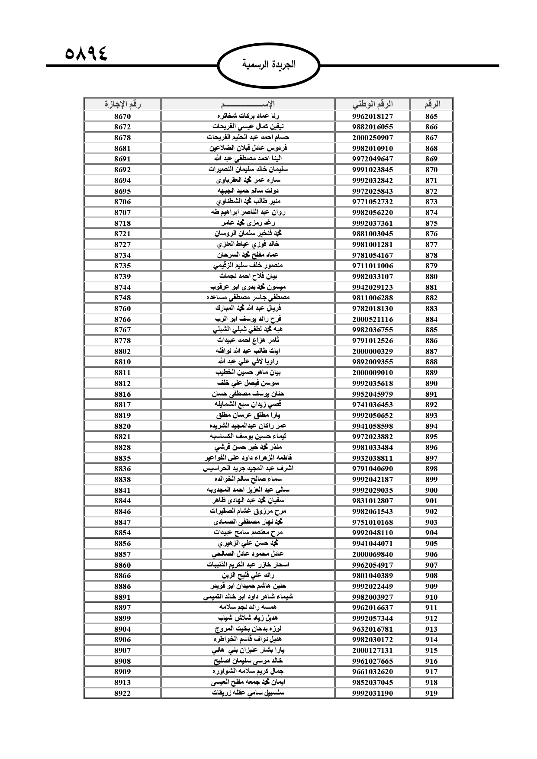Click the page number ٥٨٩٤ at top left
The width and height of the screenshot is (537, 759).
click(86, 55)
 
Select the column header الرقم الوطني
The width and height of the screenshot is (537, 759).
click(372, 104)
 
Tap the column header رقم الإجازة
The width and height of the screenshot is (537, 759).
click(122, 104)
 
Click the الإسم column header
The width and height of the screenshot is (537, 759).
click(248, 104)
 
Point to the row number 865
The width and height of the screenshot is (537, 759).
click(431, 116)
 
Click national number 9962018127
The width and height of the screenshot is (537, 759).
click(372, 116)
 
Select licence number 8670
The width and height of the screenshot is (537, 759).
click(122, 116)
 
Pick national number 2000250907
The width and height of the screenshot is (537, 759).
click(372, 138)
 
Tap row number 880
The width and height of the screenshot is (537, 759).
click(431, 277)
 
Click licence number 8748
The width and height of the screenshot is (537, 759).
click(122, 298)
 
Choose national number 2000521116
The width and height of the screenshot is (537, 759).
click(372, 319)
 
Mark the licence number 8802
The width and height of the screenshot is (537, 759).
click(122, 351)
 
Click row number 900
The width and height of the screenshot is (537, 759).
click(431, 490)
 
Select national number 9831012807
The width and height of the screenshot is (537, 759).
click(372, 501)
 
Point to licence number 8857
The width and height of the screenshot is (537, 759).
click(122, 554)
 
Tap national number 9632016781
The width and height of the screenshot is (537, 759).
click(372, 629)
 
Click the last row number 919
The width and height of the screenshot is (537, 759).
click(431, 693)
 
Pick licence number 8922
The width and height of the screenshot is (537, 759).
click(122, 693)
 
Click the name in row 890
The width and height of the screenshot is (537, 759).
click(248, 383)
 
